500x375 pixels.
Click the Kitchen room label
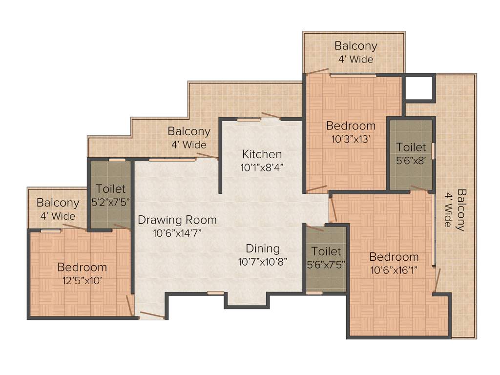pos(262,154)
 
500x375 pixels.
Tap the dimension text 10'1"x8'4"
pos(262,167)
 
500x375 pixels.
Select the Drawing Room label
pos(177,220)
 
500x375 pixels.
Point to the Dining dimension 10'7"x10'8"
pos(262,261)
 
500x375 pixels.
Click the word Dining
pos(263,248)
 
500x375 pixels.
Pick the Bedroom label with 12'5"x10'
pos(82,267)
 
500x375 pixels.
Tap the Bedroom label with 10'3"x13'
pos(351,125)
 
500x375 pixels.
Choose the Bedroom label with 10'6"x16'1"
pos(394,257)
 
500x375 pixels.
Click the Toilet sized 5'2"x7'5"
pos(111,188)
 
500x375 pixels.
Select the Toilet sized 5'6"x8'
pos(411,147)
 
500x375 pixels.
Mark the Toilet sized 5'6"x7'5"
pos(326,251)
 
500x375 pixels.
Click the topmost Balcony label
pos(355,46)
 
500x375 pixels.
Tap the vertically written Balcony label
pos(460,210)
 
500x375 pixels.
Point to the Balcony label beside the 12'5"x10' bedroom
pos(58,203)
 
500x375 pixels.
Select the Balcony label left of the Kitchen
pos(189,131)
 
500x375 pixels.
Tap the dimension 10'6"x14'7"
pos(177,233)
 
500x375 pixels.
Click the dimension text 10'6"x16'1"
pos(394,270)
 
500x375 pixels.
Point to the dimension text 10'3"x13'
pos(351,139)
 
